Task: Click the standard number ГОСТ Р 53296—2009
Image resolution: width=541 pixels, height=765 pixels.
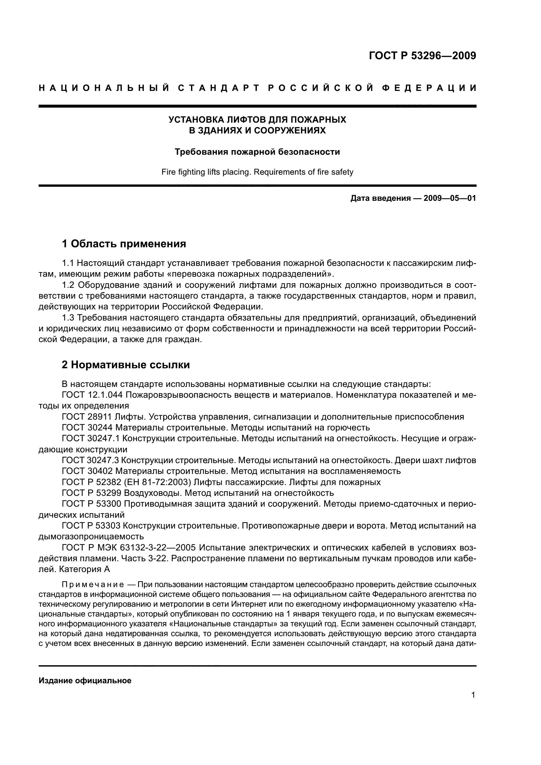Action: click(x=422, y=56)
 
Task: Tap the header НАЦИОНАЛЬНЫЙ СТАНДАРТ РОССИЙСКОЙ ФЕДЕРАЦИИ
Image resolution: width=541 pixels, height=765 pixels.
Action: click(x=257, y=88)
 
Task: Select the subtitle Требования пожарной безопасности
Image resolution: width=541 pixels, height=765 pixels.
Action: click(x=257, y=152)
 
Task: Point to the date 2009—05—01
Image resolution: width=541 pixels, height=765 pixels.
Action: click(x=449, y=199)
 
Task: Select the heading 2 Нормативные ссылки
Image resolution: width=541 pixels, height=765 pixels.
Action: click(x=126, y=365)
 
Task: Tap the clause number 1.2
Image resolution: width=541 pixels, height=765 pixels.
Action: click(x=69, y=285)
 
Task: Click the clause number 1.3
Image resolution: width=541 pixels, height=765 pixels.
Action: click(x=69, y=318)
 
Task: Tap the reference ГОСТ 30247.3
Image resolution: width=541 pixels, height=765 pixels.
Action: click(x=90, y=461)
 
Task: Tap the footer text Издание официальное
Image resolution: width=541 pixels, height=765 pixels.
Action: click(x=85, y=681)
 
